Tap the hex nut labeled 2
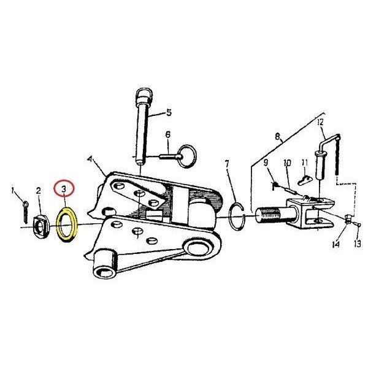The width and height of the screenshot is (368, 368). [x=40, y=225]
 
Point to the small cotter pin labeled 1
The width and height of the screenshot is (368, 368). [x=25, y=212]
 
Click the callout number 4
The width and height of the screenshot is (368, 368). [x=90, y=159]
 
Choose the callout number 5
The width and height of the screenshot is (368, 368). [x=169, y=113]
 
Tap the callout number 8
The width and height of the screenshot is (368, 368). [x=278, y=136]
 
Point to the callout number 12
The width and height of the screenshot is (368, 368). [x=320, y=122]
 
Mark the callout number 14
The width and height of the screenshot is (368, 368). [x=336, y=245]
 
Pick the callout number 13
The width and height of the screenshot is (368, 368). [x=357, y=244]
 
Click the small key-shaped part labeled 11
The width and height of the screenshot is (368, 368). [x=304, y=180]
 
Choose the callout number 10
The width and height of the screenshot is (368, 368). [x=287, y=163]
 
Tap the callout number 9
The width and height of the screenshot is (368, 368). [x=266, y=163]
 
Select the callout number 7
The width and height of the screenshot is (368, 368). [x=227, y=164]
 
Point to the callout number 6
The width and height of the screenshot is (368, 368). [x=168, y=134]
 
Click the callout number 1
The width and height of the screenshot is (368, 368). [x=13, y=191]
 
